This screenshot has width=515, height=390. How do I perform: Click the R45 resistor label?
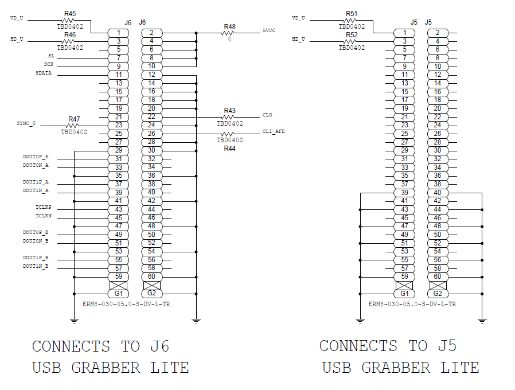pos(69,13)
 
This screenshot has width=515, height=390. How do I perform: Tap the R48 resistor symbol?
pos(228,33)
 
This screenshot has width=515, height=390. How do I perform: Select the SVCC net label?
pos(269,30)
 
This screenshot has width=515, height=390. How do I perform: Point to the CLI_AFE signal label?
pos(274,131)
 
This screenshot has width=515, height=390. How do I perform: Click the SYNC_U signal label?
pos(26,123)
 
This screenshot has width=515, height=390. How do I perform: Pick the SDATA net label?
pos(44,73)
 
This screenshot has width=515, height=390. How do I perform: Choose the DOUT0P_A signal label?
pos(36,157)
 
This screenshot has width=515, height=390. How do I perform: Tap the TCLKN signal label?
pos(44,216)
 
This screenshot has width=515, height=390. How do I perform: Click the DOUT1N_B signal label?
pos(36,266)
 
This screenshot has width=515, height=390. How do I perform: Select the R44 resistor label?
pos(229,149)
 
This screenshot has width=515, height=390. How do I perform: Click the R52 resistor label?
pos(352,35)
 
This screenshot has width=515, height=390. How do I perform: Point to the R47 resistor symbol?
pos(72,126)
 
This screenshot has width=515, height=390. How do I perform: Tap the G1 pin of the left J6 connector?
pos(119,294)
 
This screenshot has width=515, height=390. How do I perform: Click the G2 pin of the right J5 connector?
pos(438,294)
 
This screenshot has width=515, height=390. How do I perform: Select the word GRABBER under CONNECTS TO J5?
pos(396,368)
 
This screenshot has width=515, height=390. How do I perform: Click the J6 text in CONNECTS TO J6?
pos(160,346)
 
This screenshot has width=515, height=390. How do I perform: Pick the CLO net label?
pos(267,115)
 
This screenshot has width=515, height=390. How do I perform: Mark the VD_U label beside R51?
pos(298,18)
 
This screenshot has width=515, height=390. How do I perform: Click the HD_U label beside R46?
pos(17,39)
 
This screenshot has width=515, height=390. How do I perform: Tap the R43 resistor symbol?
pos(228,117)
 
